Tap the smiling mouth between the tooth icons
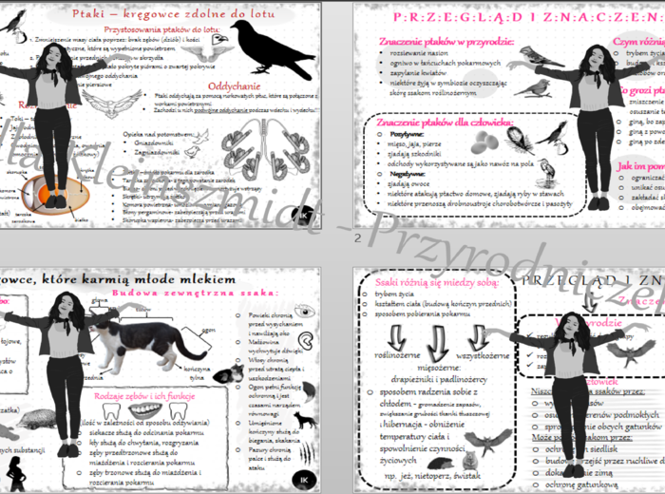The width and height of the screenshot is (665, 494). point(143,410)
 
